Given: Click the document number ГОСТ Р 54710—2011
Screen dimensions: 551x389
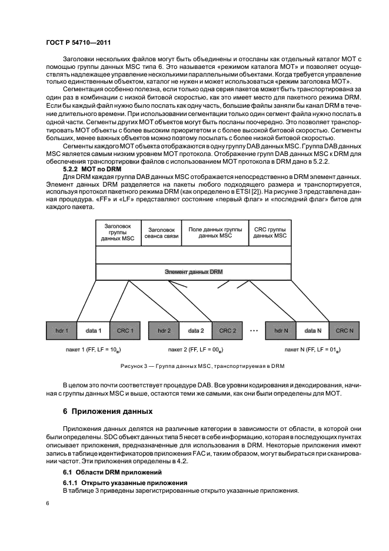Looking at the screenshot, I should [x=79, y=42].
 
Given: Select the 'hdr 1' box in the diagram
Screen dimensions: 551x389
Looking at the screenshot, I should [x=62, y=331].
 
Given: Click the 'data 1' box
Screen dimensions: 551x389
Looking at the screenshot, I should [x=93, y=331].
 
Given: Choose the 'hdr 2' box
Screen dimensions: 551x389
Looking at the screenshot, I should [x=164, y=331].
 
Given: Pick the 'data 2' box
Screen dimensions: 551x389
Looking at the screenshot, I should [x=195, y=331].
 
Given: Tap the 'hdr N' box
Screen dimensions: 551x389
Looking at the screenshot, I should [x=281, y=331].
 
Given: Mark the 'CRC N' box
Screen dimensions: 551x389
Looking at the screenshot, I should [x=345, y=331].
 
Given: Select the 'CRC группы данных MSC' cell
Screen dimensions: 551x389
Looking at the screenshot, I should [x=270, y=233].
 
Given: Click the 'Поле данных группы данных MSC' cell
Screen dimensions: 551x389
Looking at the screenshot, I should [x=216, y=233].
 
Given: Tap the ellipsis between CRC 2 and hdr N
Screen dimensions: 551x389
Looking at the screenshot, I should [x=254, y=330].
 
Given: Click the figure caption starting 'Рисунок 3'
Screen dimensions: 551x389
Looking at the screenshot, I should [x=202, y=366].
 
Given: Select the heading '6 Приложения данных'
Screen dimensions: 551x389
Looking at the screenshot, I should [x=103, y=411].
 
